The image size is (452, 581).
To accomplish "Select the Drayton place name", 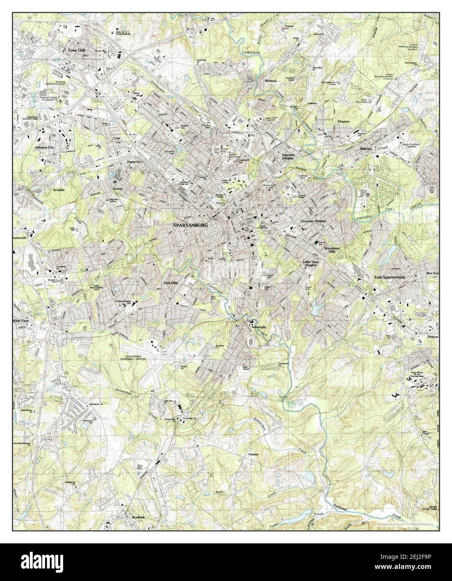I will (343, 121).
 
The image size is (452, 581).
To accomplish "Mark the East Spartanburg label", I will (390, 277).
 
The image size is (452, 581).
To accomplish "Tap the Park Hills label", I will (171, 283).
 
